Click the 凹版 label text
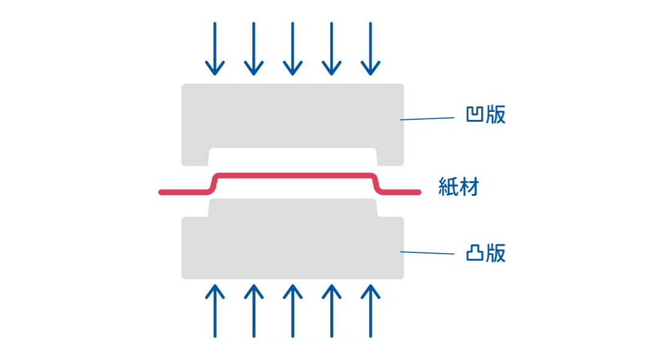click(486, 114)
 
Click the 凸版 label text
click(486, 253)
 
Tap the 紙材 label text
click(459, 187)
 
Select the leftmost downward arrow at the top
click(215, 49)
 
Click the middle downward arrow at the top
click(293, 49)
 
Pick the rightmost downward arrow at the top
click(371, 49)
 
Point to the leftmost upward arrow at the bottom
click(215, 311)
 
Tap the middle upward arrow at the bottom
click(293, 311)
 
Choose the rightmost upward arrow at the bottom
click(371, 311)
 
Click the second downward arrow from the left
click(254, 49)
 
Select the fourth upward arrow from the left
click(332, 311)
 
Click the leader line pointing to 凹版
click(427, 119)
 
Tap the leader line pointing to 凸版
click(427, 253)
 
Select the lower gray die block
click(293, 248)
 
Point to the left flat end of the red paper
click(183, 192)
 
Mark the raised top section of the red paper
click(294, 176)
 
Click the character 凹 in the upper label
click(475, 114)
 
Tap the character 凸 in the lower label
click(475, 253)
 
